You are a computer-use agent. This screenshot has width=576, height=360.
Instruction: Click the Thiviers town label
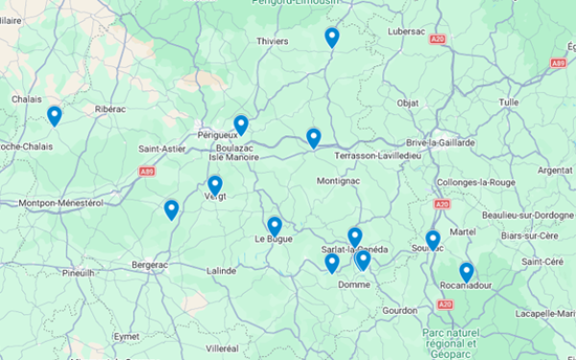pyautogui.click(x=273, y=41)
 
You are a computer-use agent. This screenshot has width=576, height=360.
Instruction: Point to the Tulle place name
pyautogui.click(x=508, y=101)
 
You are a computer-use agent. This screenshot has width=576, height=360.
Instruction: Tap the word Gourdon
pyautogui.click(x=400, y=310)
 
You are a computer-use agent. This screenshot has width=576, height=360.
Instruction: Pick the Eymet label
pyautogui.click(x=127, y=336)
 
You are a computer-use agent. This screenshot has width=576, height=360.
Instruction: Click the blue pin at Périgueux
pyautogui.click(x=241, y=125)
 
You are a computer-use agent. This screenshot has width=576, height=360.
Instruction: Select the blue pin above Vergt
pyautogui.click(x=215, y=184)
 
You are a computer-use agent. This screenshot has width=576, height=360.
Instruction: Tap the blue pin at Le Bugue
pyautogui.click(x=275, y=226)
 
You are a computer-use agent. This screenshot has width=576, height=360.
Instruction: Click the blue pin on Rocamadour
pyautogui.click(x=467, y=272)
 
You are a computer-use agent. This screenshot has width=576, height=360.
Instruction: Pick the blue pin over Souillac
pyautogui.click(x=433, y=239)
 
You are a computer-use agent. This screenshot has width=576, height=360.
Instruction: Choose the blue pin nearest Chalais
pyautogui.click(x=55, y=115)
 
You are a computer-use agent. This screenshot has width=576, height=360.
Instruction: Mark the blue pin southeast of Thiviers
pyautogui.click(x=332, y=37)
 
